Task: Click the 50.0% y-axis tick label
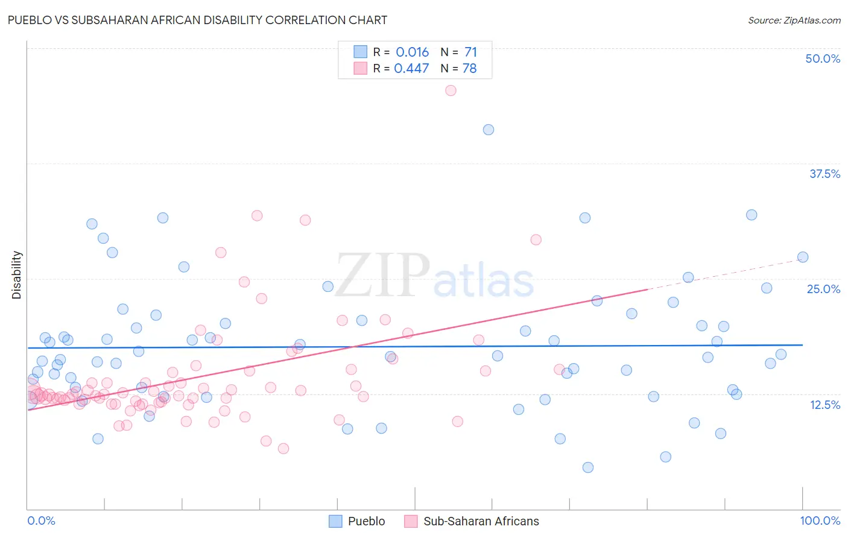click(823, 59)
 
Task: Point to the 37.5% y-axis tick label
click(824, 174)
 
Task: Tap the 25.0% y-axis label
click(823, 289)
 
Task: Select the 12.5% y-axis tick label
click(824, 404)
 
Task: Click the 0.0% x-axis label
click(41, 521)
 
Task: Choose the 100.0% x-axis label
click(820, 521)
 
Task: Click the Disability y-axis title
click(17, 275)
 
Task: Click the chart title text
click(197, 20)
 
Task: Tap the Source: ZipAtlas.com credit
click(794, 21)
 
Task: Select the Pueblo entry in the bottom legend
click(366, 521)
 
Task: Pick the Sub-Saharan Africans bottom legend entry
click(481, 521)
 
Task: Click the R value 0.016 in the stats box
click(412, 52)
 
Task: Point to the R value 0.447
click(411, 69)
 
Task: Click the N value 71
click(470, 52)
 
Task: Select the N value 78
click(469, 69)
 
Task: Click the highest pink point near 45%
click(451, 90)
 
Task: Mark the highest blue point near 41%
click(489, 130)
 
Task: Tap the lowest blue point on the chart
click(588, 467)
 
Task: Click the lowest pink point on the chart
click(283, 448)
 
